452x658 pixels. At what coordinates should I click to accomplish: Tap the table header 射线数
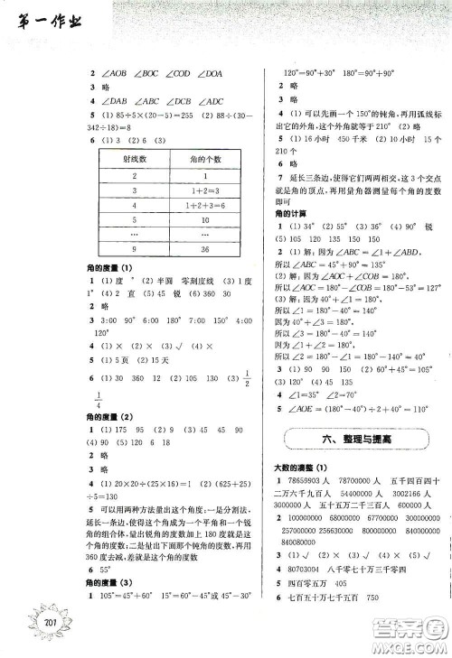click(133, 160)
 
